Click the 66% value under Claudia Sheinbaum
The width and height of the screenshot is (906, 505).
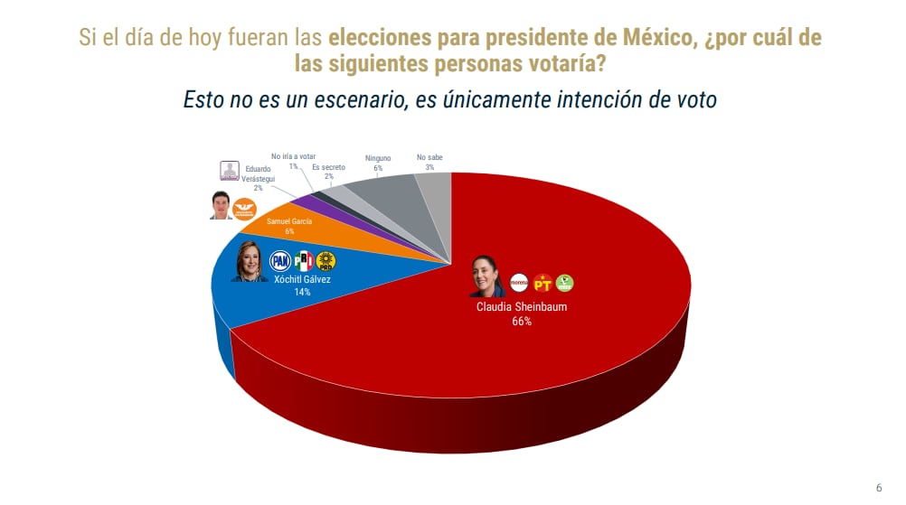tap(522, 321)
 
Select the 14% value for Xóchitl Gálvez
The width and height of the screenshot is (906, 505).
tap(301, 293)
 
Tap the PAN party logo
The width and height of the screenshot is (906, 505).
tap(280, 262)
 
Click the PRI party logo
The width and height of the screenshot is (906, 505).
tap(304, 262)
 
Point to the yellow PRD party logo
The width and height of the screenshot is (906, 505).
tap(326, 262)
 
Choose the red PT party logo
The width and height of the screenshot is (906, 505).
tap(543, 283)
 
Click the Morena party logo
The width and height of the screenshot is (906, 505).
tap(519, 283)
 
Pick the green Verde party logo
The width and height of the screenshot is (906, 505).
tap(565, 283)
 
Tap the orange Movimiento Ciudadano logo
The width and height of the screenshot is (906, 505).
tap(245, 208)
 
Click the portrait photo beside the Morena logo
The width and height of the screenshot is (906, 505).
tap(486, 276)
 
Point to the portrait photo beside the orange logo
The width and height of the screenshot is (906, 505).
tap(221, 206)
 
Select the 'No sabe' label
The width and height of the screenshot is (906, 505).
tap(430, 158)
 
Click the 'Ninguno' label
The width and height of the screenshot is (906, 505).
tap(378, 158)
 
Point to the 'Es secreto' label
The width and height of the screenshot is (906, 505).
tap(328, 167)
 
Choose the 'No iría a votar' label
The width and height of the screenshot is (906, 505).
tap(294, 156)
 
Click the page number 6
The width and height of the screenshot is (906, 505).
tap(879, 488)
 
